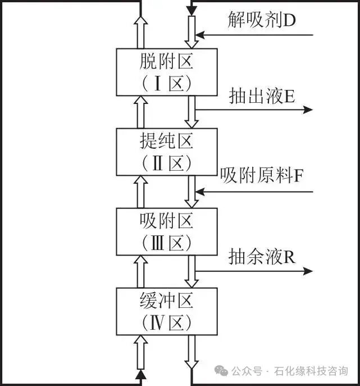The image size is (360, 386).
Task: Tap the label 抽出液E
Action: [262, 96]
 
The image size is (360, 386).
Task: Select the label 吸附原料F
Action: [262, 176]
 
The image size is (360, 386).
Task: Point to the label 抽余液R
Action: [262, 256]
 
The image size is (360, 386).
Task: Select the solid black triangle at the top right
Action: [192, 10]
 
